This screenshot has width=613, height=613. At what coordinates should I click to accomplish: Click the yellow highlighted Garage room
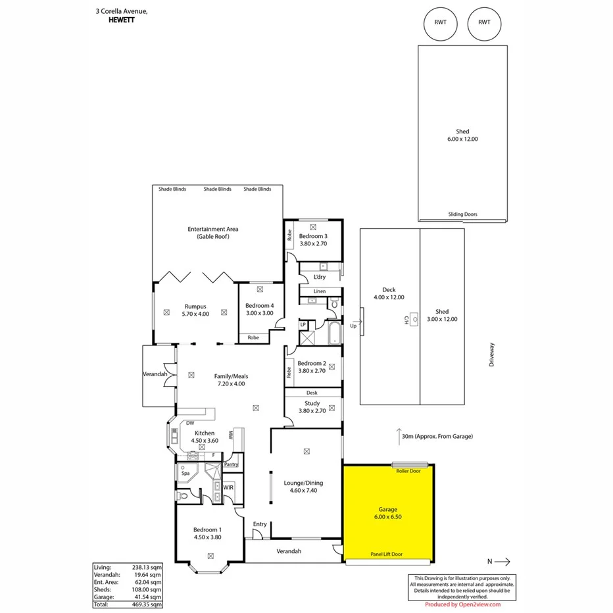click(x=389, y=513)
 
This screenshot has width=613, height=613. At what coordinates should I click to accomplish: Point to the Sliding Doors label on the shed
click(x=462, y=214)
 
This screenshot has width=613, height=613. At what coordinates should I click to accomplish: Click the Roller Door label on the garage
click(x=408, y=471)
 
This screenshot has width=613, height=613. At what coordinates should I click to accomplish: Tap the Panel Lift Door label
click(x=387, y=554)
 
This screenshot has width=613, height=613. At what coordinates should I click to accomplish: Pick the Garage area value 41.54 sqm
click(x=148, y=596)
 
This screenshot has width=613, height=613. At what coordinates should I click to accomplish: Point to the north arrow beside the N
click(x=503, y=562)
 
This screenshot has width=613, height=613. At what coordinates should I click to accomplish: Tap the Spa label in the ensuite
click(x=185, y=473)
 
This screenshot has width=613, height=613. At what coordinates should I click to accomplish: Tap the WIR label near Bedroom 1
click(x=228, y=487)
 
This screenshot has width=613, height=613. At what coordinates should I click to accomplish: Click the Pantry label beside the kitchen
click(x=231, y=464)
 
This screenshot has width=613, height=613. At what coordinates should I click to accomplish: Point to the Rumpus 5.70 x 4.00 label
click(x=195, y=310)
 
